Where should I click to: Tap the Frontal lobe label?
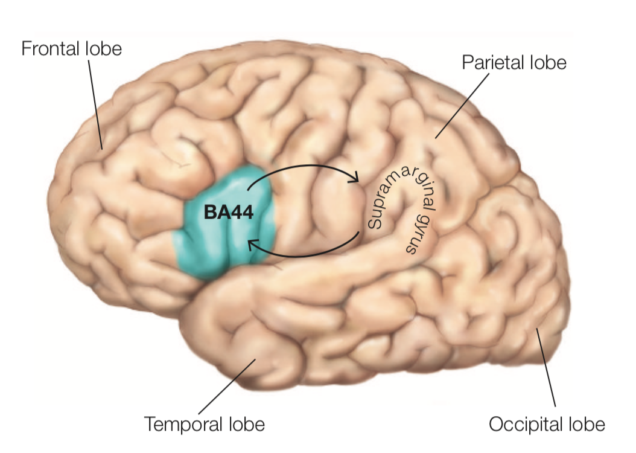71,48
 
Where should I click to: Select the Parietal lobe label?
514,62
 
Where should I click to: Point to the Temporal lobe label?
204,424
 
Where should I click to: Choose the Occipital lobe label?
547,424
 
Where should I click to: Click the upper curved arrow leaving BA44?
302,165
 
